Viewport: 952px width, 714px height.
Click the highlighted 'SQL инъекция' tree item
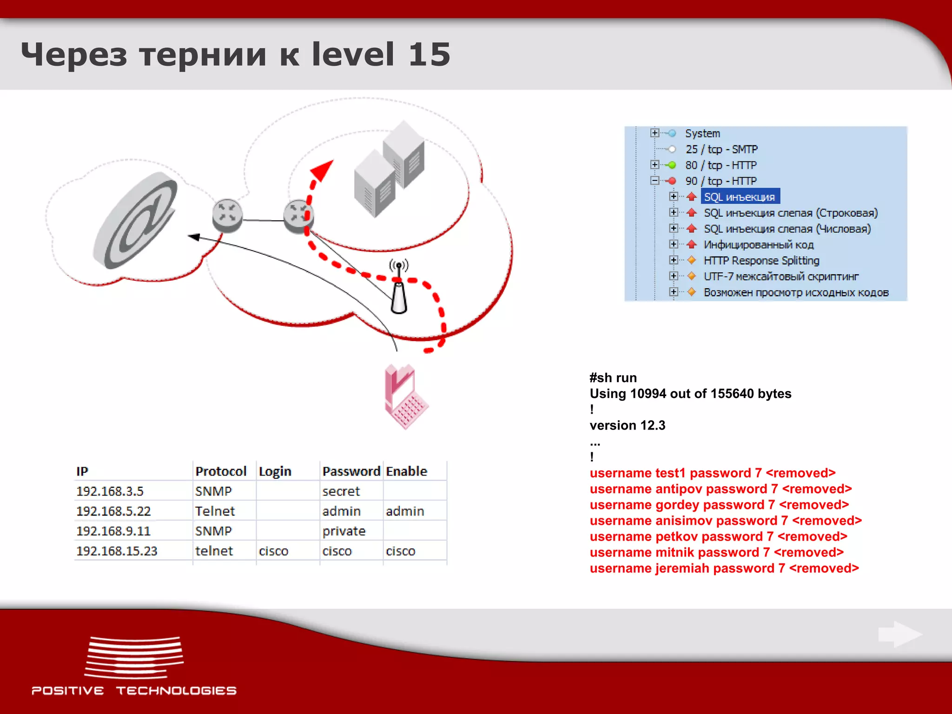(x=739, y=197)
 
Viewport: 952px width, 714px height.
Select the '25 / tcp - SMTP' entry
(x=721, y=149)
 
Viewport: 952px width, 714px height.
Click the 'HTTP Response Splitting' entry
(x=761, y=260)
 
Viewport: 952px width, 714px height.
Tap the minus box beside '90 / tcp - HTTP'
(x=654, y=181)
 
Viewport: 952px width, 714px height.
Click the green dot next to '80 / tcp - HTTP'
(x=672, y=165)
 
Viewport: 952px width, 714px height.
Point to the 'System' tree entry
(x=702, y=133)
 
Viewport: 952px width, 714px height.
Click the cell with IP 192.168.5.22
(x=114, y=511)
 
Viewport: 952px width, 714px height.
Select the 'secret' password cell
(x=341, y=491)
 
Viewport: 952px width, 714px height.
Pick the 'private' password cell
(x=344, y=531)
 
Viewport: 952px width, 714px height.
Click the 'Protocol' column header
(x=221, y=471)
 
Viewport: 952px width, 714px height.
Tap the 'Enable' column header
(x=406, y=471)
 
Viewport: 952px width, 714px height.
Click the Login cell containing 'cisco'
(x=273, y=551)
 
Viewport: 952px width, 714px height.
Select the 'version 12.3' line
(x=627, y=425)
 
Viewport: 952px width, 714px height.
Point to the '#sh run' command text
(x=613, y=377)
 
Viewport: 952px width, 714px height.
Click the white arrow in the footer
(x=900, y=635)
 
